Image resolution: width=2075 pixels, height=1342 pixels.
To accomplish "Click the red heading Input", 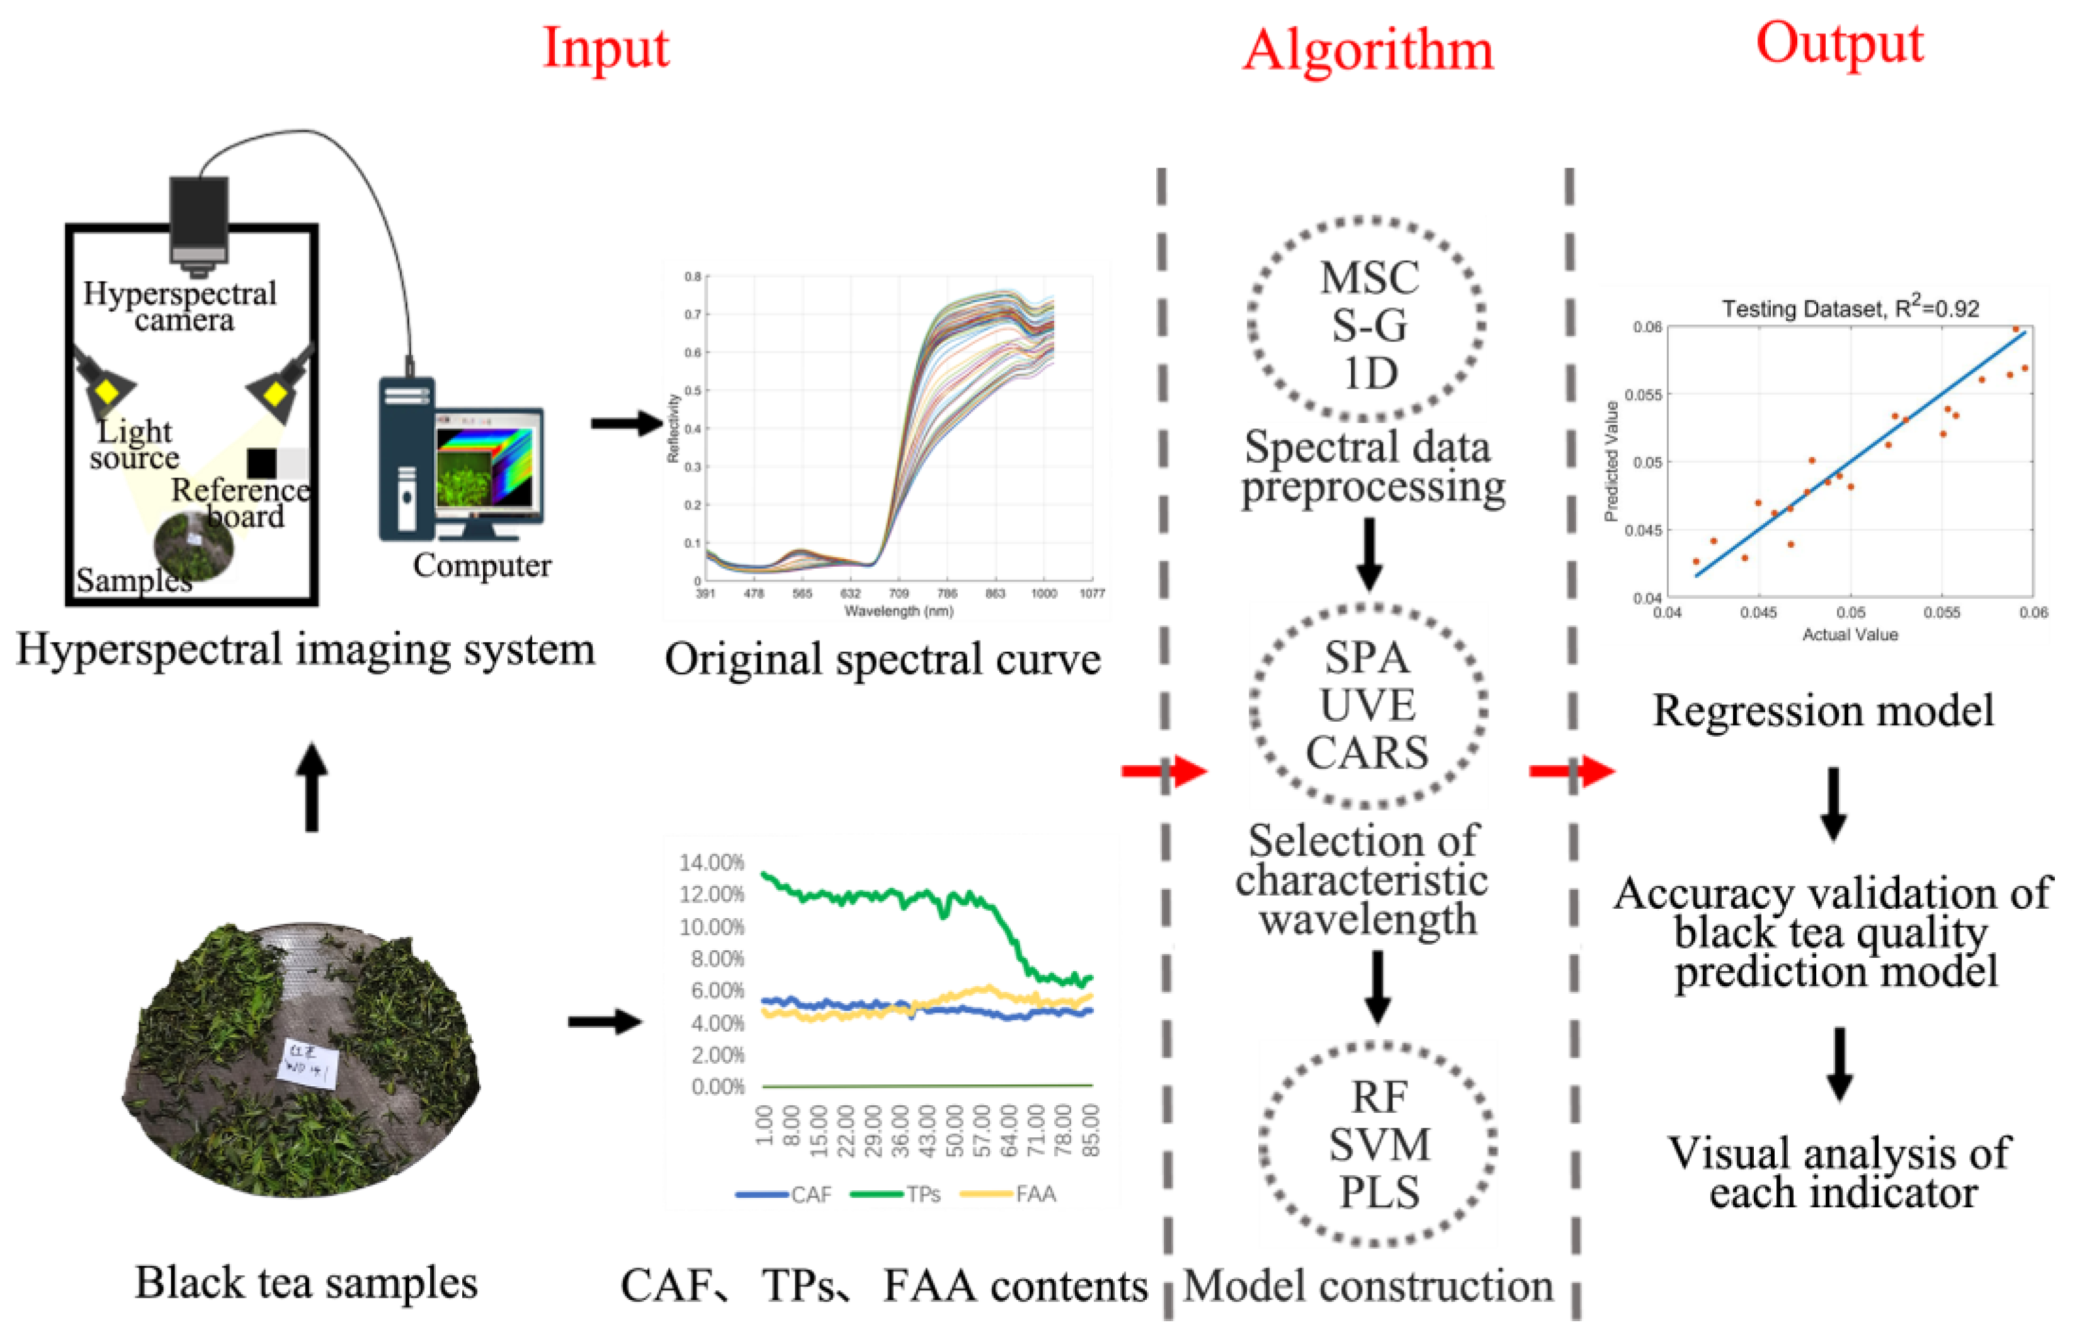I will [x=606, y=48].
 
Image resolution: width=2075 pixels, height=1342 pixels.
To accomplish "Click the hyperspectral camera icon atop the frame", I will [x=199, y=222].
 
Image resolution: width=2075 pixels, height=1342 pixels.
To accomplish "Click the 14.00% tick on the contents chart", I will [x=712, y=863].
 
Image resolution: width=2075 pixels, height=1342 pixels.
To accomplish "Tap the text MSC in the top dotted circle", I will [x=1369, y=279].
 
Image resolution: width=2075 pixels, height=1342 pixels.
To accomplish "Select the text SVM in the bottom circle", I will [x=1379, y=1145].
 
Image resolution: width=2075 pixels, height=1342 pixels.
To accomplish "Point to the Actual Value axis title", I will [x=1850, y=634].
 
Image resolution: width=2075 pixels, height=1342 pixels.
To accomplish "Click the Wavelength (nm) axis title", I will [x=899, y=611].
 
